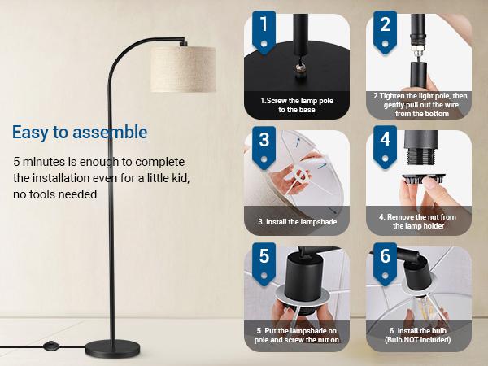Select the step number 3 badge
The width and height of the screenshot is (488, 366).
coord(263,142)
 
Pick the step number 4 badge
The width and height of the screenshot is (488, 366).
coord(385,142)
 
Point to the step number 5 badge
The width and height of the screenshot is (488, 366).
coord(263,258)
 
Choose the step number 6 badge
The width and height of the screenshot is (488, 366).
coord(385,258)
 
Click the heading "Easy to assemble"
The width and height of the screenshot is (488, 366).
coord(80,132)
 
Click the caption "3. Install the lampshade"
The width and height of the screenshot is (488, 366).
coord(296,221)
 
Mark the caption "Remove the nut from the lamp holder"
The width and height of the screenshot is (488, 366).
coord(418,221)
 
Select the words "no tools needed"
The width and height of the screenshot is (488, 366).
coord(55,194)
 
